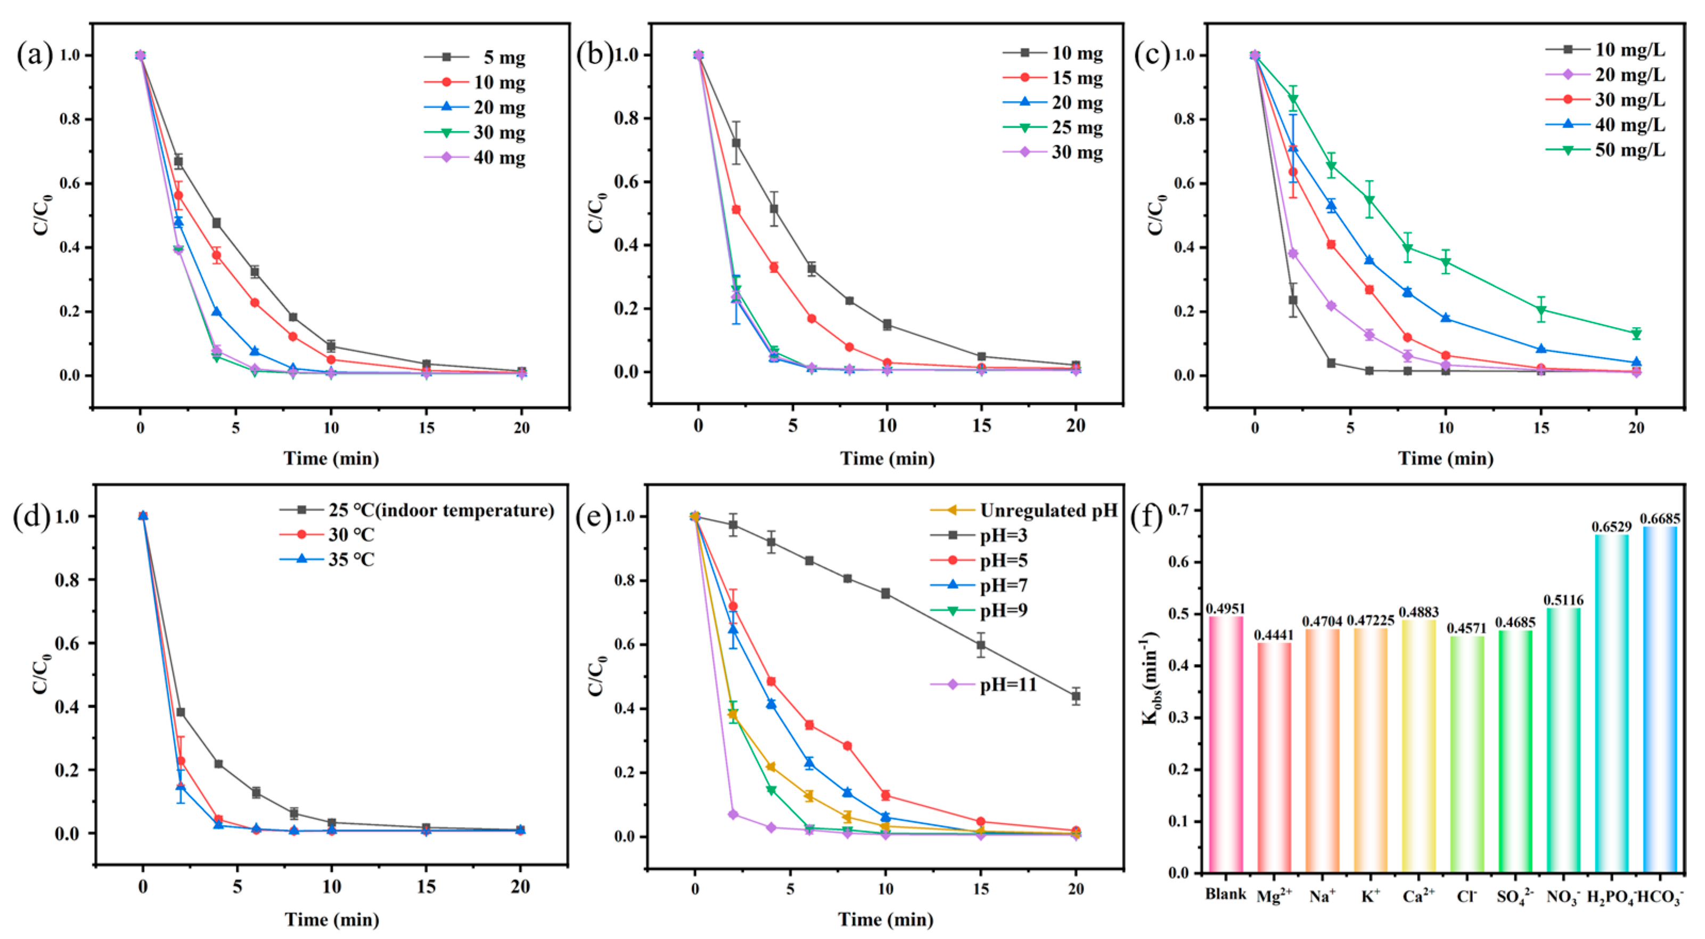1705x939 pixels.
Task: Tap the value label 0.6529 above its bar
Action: (1611, 527)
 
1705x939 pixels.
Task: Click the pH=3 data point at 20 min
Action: (1076, 696)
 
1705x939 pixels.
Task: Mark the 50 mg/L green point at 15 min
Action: (1541, 309)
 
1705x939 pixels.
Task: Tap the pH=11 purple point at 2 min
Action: (733, 814)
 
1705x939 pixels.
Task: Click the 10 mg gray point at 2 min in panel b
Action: (736, 142)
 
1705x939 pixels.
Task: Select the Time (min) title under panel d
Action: (332, 919)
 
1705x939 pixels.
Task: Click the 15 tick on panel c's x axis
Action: (1541, 428)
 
